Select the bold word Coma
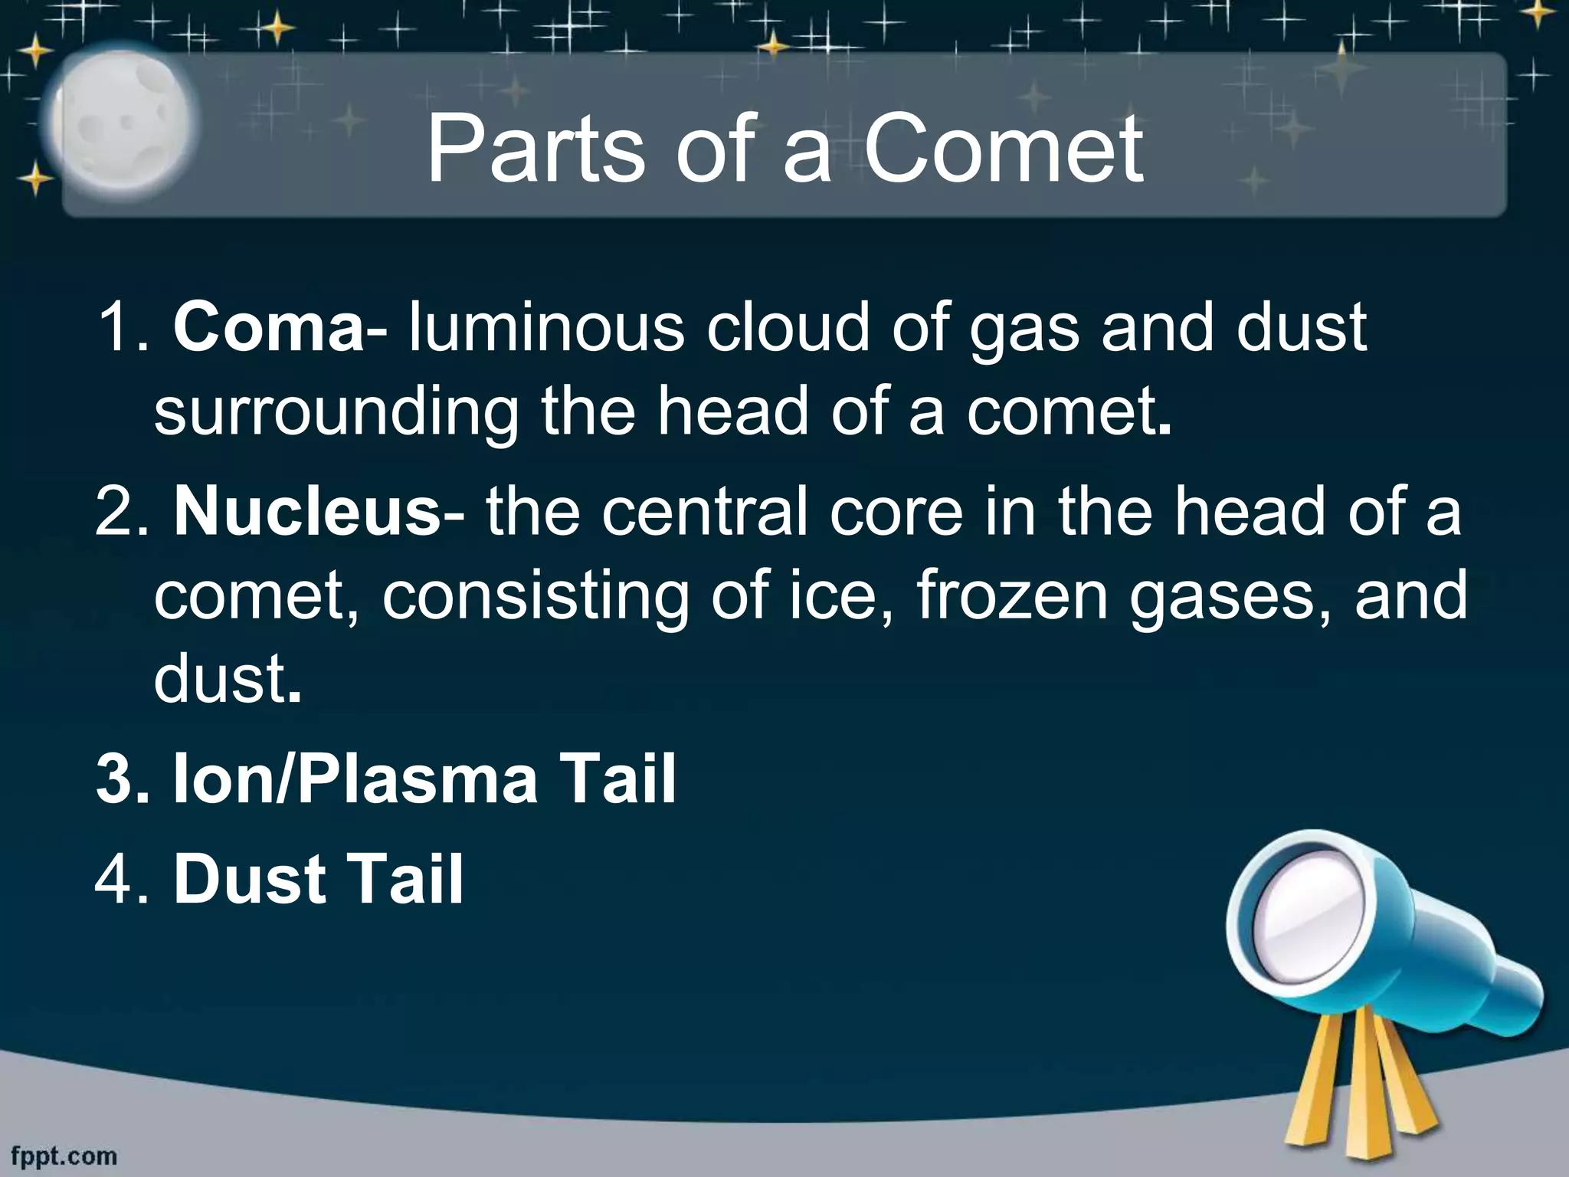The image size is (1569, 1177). click(268, 328)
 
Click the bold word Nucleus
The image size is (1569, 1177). click(306, 512)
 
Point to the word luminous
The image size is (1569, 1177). click(546, 328)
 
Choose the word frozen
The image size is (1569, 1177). click(1012, 595)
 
